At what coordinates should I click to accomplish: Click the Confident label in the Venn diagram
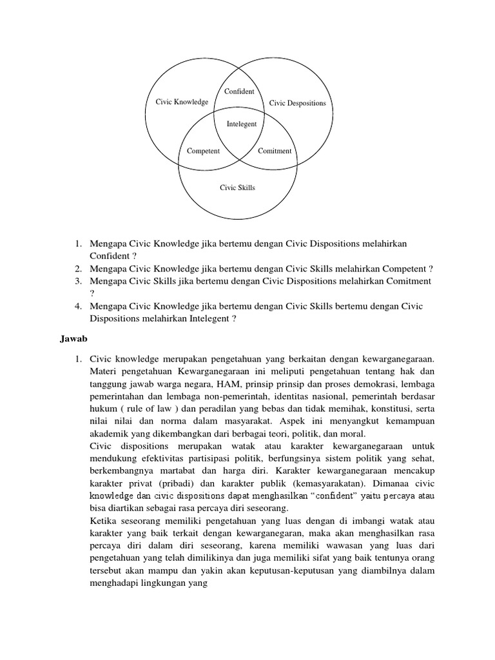239,92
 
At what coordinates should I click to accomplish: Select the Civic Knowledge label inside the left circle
182,102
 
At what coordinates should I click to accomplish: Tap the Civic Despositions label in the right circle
297,103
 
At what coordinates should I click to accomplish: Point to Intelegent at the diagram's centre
242,124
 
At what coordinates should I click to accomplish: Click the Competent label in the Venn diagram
203,151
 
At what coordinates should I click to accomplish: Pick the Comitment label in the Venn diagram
275,151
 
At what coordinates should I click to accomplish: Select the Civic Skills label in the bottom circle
238,188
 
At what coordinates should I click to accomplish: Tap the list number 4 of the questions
77,306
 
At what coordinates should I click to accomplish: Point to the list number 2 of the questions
77,268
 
